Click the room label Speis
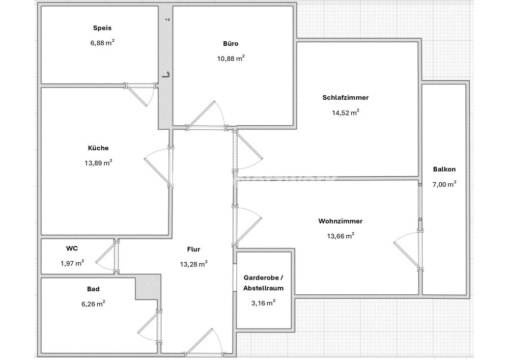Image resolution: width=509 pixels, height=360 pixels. pyautogui.click(x=102, y=28)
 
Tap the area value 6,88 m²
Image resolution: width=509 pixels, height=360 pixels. pyautogui.click(x=102, y=43)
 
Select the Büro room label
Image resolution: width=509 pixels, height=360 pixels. pyautogui.click(x=231, y=43)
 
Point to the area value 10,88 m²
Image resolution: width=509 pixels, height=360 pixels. pyautogui.click(x=231, y=59)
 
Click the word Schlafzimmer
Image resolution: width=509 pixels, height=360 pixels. pyautogui.click(x=346, y=97)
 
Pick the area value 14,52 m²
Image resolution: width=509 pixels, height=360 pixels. pyautogui.click(x=346, y=113)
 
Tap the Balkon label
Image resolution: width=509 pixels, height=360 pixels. pyautogui.click(x=444, y=169)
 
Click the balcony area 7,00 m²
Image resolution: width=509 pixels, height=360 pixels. pyautogui.click(x=444, y=184)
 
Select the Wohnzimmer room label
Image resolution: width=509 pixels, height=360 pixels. pyautogui.click(x=341, y=221)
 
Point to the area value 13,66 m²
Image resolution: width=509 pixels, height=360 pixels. pyautogui.click(x=341, y=236)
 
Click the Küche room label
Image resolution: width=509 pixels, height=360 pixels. pyautogui.click(x=98, y=148)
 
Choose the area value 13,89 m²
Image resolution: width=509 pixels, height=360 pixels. pyautogui.click(x=98, y=162)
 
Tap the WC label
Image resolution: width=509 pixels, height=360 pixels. pyautogui.click(x=72, y=248)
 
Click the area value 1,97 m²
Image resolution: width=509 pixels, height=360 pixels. pyautogui.click(x=72, y=263)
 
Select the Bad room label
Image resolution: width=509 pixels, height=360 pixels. pyautogui.click(x=93, y=289)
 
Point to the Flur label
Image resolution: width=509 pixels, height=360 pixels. pyautogui.click(x=193, y=250)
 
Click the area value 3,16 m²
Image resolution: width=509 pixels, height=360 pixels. pyautogui.click(x=264, y=303)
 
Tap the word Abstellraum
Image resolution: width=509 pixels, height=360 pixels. pyautogui.click(x=264, y=288)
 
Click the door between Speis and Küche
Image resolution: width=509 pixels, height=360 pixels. pyautogui.click(x=141, y=86)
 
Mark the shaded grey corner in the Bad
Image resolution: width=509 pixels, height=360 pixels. pyautogui.click(x=148, y=288)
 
